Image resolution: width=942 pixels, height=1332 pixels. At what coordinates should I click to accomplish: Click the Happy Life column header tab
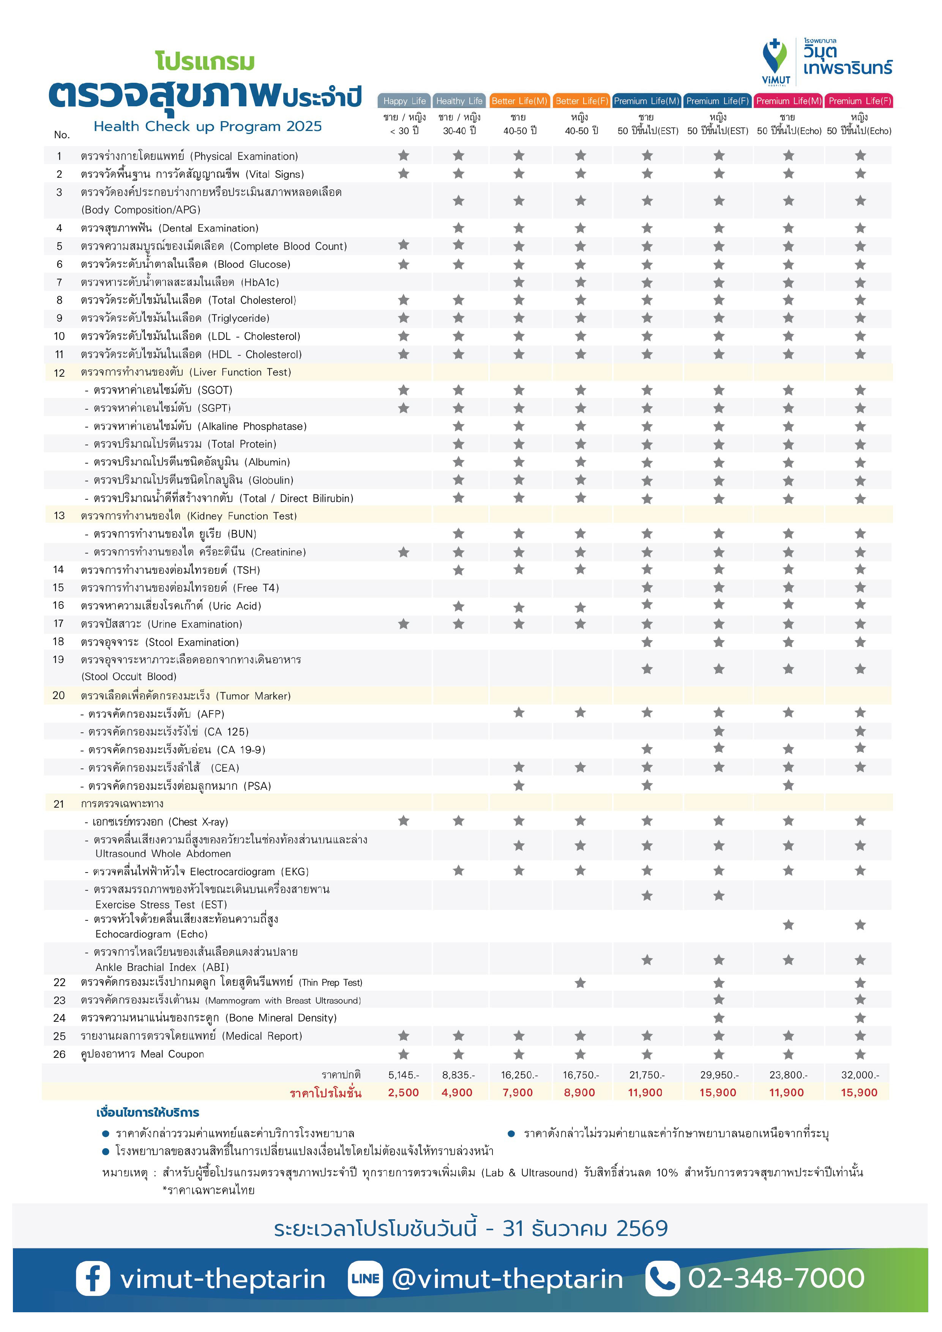click(404, 101)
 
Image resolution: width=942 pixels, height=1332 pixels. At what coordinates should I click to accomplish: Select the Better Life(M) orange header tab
click(519, 101)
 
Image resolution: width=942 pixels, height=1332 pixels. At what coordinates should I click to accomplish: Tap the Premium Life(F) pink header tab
click(859, 101)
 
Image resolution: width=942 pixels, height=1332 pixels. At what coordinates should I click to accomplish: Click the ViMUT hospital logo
click(776, 61)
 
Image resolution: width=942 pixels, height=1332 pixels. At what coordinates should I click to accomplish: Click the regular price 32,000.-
click(860, 1075)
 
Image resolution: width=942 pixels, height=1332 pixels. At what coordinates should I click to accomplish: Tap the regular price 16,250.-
click(519, 1075)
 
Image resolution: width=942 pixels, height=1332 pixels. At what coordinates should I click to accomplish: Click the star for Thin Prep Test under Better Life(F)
click(580, 982)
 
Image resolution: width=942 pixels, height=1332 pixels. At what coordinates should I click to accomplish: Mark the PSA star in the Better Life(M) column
click(519, 786)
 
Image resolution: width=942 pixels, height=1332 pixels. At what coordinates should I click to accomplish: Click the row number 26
click(59, 1054)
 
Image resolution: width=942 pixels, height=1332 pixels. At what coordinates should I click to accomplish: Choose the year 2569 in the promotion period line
click(642, 1228)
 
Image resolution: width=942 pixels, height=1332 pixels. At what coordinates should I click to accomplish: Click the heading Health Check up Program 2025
click(208, 126)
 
